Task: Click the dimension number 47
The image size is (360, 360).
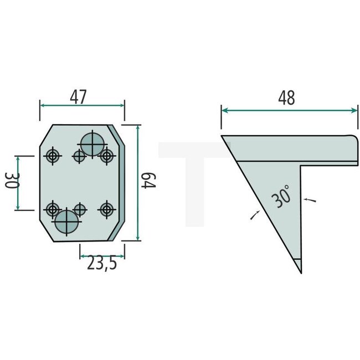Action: [79, 97]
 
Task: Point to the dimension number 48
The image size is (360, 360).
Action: [287, 97]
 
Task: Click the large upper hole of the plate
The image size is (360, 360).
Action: [92, 145]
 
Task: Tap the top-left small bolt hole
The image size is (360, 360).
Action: [53, 157]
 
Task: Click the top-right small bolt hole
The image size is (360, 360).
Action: [106, 157]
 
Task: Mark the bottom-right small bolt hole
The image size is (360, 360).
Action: [106, 209]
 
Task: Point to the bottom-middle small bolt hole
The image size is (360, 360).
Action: [80, 209]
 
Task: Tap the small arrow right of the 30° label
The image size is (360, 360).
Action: [308, 198]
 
